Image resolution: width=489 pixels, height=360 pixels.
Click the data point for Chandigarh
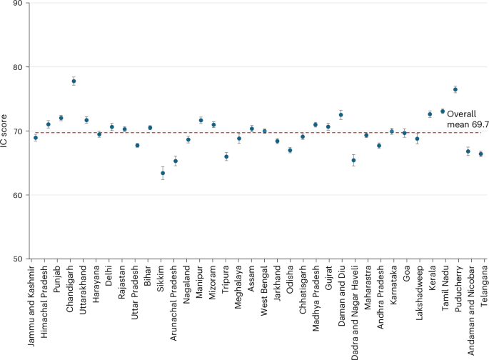click(74, 81)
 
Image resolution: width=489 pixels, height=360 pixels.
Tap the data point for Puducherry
click(455, 89)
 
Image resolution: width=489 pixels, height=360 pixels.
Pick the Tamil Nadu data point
click(443, 111)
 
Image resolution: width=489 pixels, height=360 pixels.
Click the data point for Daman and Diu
click(341, 115)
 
